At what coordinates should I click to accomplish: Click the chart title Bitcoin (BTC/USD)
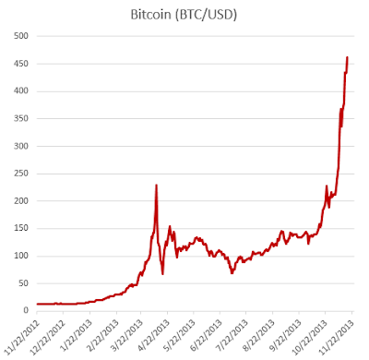coord(184,15)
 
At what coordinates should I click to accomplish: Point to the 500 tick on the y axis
coord(21,36)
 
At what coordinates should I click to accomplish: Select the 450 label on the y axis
coord(21,64)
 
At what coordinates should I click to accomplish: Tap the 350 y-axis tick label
coord(21,118)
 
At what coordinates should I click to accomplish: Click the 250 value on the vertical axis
coord(21,174)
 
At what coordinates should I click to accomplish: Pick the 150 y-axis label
coord(21,228)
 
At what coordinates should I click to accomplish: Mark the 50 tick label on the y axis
coord(23,283)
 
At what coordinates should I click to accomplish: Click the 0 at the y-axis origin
coord(26,310)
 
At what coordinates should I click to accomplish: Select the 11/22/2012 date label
coord(23,335)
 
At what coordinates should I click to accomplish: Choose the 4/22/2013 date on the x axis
coord(155,334)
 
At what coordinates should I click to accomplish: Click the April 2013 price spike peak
coord(156,186)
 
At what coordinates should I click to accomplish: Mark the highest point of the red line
coord(347,57)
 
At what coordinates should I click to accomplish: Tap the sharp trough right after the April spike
coord(162,274)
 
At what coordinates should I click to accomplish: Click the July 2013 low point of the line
coord(232,273)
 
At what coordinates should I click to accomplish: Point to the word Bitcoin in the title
coord(150,14)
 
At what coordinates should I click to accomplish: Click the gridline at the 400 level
coord(196,91)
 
